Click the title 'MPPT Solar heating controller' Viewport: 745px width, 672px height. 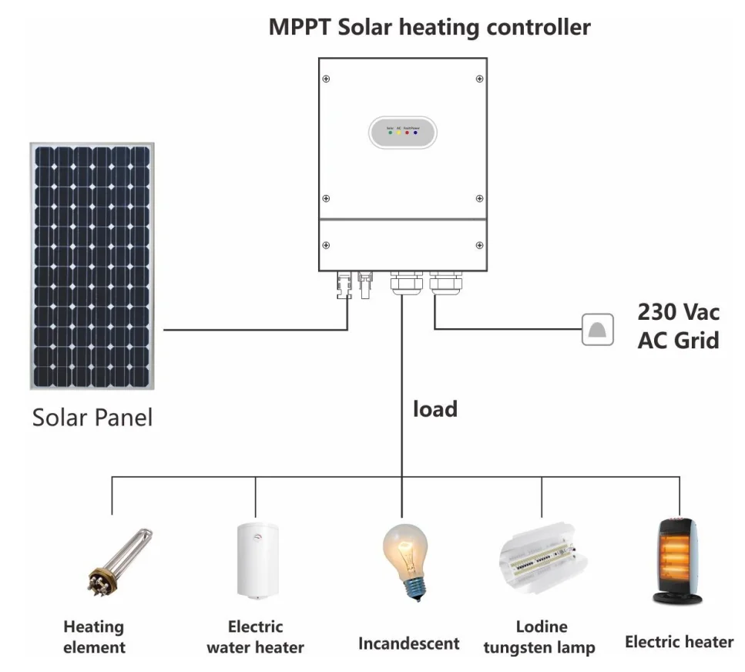point(429,28)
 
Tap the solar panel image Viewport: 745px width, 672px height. point(91,265)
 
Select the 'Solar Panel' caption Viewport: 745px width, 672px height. point(92,418)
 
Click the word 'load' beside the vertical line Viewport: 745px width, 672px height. point(435,408)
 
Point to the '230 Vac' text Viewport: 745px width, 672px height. point(678,312)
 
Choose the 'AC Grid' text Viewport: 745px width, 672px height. point(678,340)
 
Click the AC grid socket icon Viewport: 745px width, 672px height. point(598,329)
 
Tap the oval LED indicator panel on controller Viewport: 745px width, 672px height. point(403,133)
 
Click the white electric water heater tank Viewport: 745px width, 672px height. point(257,560)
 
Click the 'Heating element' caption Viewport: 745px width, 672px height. point(94,637)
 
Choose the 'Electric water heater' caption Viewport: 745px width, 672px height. point(255,637)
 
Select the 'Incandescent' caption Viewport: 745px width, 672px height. point(408,643)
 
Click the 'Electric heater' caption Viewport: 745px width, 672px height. point(679,642)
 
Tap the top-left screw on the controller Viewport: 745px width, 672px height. point(327,79)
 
